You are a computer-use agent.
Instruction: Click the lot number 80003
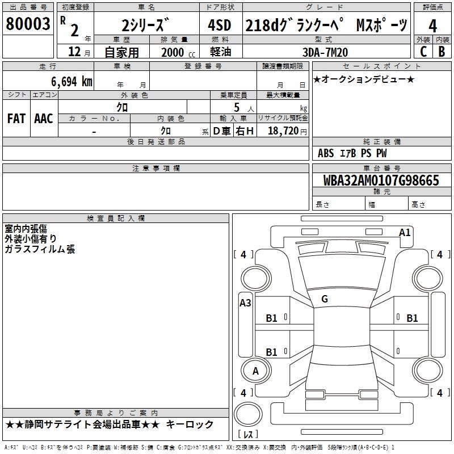pyautogui.click(x=27, y=24)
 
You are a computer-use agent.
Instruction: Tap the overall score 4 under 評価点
pyautogui.click(x=432, y=26)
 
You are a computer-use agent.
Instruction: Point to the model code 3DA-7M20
pyautogui.click(x=326, y=52)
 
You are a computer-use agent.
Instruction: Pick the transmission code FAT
pyautogui.click(x=16, y=119)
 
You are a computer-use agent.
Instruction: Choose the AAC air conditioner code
pyautogui.click(x=44, y=119)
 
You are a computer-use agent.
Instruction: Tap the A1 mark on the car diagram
pyautogui.click(x=405, y=232)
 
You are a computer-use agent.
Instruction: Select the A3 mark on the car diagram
pyautogui.click(x=245, y=302)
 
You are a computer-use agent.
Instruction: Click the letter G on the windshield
pyautogui.click(x=325, y=299)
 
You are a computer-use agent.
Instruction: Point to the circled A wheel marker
pyautogui.click(x=255, y=371)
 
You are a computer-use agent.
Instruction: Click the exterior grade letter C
pyautogui.click(x=423, y=52)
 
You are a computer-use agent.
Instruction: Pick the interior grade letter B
pyautogui.click(x=442, y=52)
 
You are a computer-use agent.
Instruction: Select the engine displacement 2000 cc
pyautogui.click(x=176, y=52)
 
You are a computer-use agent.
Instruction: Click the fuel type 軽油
pyautogui.click(x=221, y=52)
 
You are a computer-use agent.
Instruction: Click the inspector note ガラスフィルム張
pyautogui.click(x=40, y=249)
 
